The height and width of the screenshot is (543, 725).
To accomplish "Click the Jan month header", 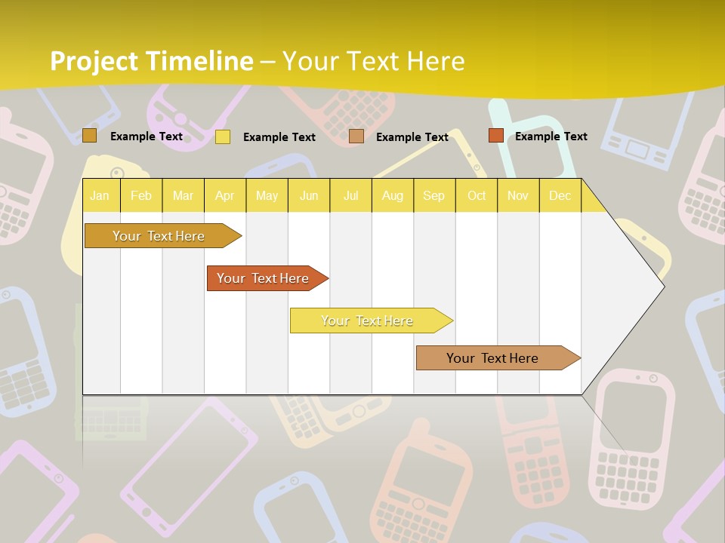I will click(x=100, y=196).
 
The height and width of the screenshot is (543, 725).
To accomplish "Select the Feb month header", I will click(x=141, y=196).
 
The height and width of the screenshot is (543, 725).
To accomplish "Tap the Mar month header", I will click(x=183, y=196).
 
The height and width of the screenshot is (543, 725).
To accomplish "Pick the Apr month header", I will click(x=225, y=196).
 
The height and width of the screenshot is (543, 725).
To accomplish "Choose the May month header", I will click(x=267, y=196).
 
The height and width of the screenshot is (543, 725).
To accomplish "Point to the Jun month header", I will click(x=309, y=196).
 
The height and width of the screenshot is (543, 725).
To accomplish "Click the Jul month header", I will click(x=350, y=196).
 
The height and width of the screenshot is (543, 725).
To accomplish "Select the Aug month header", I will click(x=393, y=196).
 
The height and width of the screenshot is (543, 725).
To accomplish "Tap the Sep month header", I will click(x=434, y=196).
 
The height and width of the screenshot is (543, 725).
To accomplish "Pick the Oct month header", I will click(x=477, y=196).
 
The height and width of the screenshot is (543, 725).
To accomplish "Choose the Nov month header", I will click(x=518, y=196).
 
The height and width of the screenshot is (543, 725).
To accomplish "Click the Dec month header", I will click(x=560, y=196).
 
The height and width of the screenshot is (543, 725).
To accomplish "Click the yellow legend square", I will click(x=223, y=137).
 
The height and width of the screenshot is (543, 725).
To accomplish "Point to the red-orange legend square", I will click(x=495, y=136).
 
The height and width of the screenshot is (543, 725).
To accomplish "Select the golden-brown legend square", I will click(x=89, y=136).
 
